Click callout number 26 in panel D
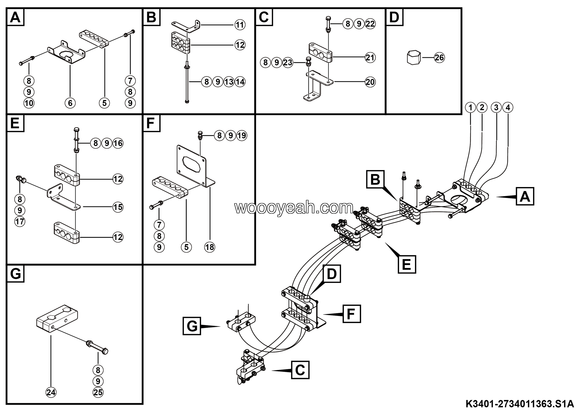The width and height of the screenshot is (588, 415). pyautogui.click(x=439, y=58)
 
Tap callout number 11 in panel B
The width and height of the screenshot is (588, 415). pyautogui.click(x=240, y=25)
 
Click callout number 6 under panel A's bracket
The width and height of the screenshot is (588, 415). pyautogui.click(x=70, y=103)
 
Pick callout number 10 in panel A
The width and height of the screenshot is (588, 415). pyautogui.click(x=29, y=103)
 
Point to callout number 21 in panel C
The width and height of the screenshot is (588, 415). pyautogui.click(x=370, y=58)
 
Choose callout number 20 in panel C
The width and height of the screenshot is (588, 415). pyautogui.click(x=370, y=82)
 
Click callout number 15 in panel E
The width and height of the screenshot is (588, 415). pyautogui.click(x=118, y=207)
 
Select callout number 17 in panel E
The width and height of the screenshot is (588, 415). pyautogui.click(x=20, y=221)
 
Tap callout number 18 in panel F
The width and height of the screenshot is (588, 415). pyautogui.click(x=209, y=247)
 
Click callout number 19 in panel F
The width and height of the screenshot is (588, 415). pyautogui.click(x=242, y=135)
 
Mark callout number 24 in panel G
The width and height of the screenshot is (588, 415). pyautogui.click(x=51, y=392)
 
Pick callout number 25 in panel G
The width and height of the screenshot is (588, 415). pyautogui.click(x=98, y=392)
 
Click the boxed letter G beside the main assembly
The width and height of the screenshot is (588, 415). pyautogui.click(x=192, y=326)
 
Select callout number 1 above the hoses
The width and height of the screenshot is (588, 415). pyautogui.click(x=470, y=107)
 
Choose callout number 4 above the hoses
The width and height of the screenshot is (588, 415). pyautogui.click(x=508, y=107)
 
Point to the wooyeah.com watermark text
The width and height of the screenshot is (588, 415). pyautogui.click(x=294, y=208)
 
